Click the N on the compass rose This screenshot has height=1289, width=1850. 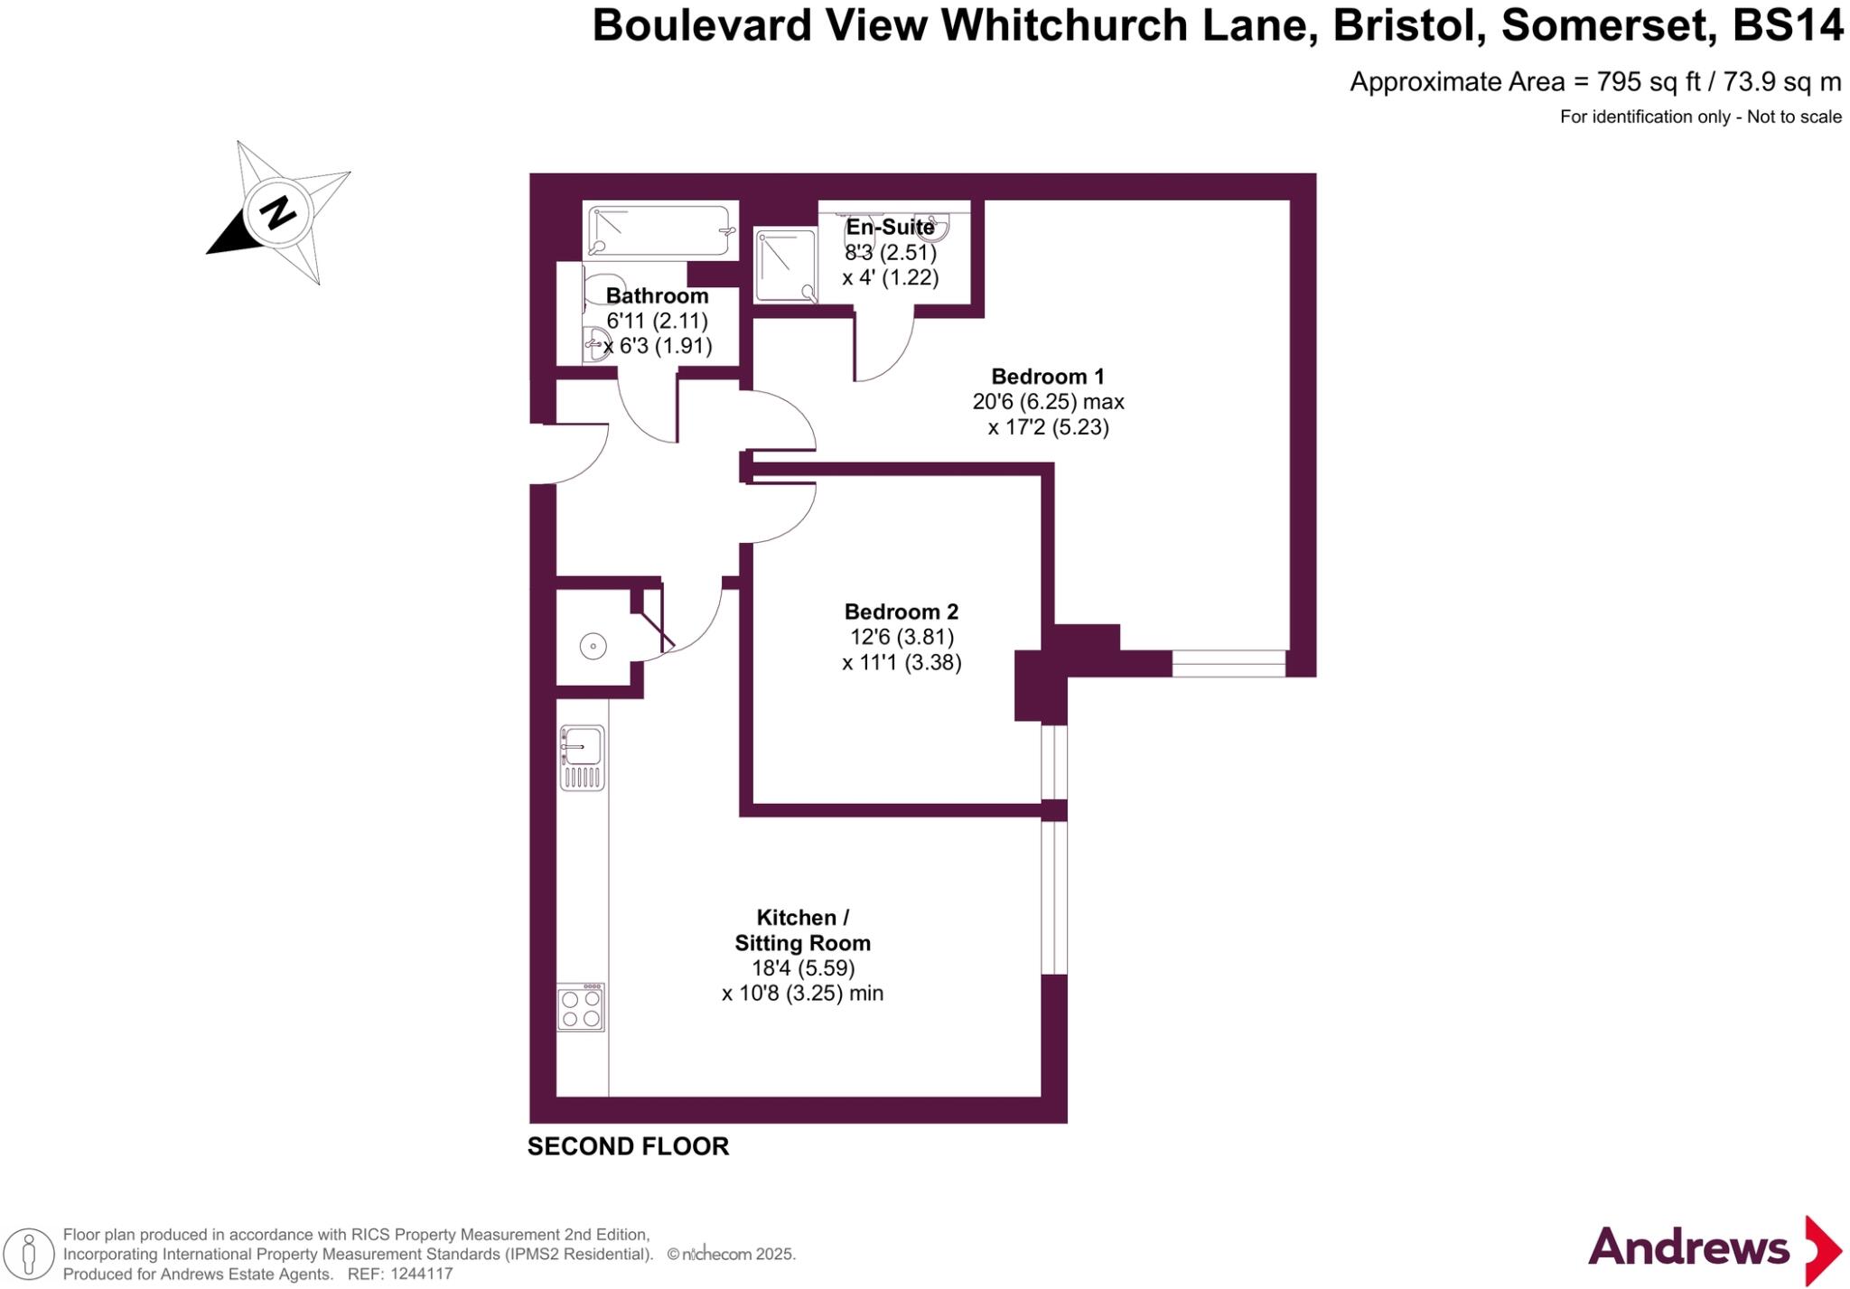(278, 213)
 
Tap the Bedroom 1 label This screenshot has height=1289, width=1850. (1048, 377)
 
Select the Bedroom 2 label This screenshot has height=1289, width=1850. (901, 612)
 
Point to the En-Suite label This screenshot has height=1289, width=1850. (890, 227)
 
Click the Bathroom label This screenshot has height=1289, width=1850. (657, 296)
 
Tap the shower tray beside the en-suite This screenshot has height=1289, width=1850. (786, 266)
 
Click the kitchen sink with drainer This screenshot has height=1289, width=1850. (582, 757)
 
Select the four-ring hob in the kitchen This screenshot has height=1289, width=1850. (581, 1008)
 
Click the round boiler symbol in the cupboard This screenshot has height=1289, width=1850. (593, 646)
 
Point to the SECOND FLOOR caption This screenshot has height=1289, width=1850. (628, 1146)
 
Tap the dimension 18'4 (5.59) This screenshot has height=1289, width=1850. (803, 968)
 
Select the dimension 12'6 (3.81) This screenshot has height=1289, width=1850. (902, 637)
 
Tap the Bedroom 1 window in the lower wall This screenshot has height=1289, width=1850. (1229, 664)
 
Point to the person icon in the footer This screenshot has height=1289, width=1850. (29, 1254)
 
